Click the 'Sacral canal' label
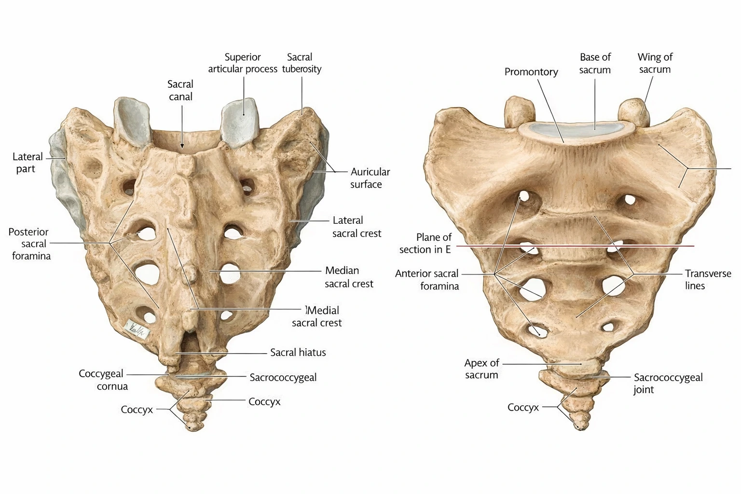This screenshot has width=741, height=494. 180,90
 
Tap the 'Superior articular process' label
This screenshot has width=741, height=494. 243,63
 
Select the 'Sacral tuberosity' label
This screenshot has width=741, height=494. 302,63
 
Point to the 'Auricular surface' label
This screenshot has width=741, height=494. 370,178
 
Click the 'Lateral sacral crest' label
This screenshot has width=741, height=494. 357,227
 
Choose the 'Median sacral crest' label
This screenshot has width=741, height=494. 349,277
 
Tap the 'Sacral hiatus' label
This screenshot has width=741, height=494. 298,353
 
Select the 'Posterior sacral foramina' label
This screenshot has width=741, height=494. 30,244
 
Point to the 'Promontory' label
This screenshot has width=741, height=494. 531,72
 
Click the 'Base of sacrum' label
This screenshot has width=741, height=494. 595,63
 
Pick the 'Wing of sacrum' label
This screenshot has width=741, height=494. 655,63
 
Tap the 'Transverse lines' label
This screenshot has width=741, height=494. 708,279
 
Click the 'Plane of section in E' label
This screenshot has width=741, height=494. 425,243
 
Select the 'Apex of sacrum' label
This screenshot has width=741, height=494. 481,369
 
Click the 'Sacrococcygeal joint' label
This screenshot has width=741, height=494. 668,383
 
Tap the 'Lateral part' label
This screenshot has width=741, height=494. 27,163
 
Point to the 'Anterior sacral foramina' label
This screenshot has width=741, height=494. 427,280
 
